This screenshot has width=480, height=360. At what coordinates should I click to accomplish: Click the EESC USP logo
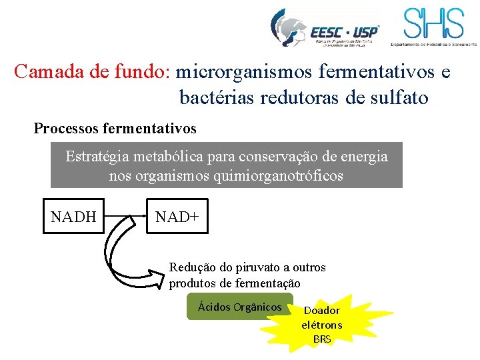325,29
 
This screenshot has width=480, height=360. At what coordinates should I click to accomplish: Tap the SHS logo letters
433,24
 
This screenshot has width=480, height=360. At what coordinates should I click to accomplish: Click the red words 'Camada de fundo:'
93,71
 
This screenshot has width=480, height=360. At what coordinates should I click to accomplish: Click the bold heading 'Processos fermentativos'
115,127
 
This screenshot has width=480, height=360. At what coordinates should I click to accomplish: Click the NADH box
73,216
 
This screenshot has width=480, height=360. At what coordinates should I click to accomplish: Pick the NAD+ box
177,216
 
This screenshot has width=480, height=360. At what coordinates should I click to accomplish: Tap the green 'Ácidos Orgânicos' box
239,307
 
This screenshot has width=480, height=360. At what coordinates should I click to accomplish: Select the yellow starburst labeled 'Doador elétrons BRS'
321,325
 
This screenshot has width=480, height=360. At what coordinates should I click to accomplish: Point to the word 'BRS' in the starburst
322,339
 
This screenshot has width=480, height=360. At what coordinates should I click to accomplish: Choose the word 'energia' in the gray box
364,157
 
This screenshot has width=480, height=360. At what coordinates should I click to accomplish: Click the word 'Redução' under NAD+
191,267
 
